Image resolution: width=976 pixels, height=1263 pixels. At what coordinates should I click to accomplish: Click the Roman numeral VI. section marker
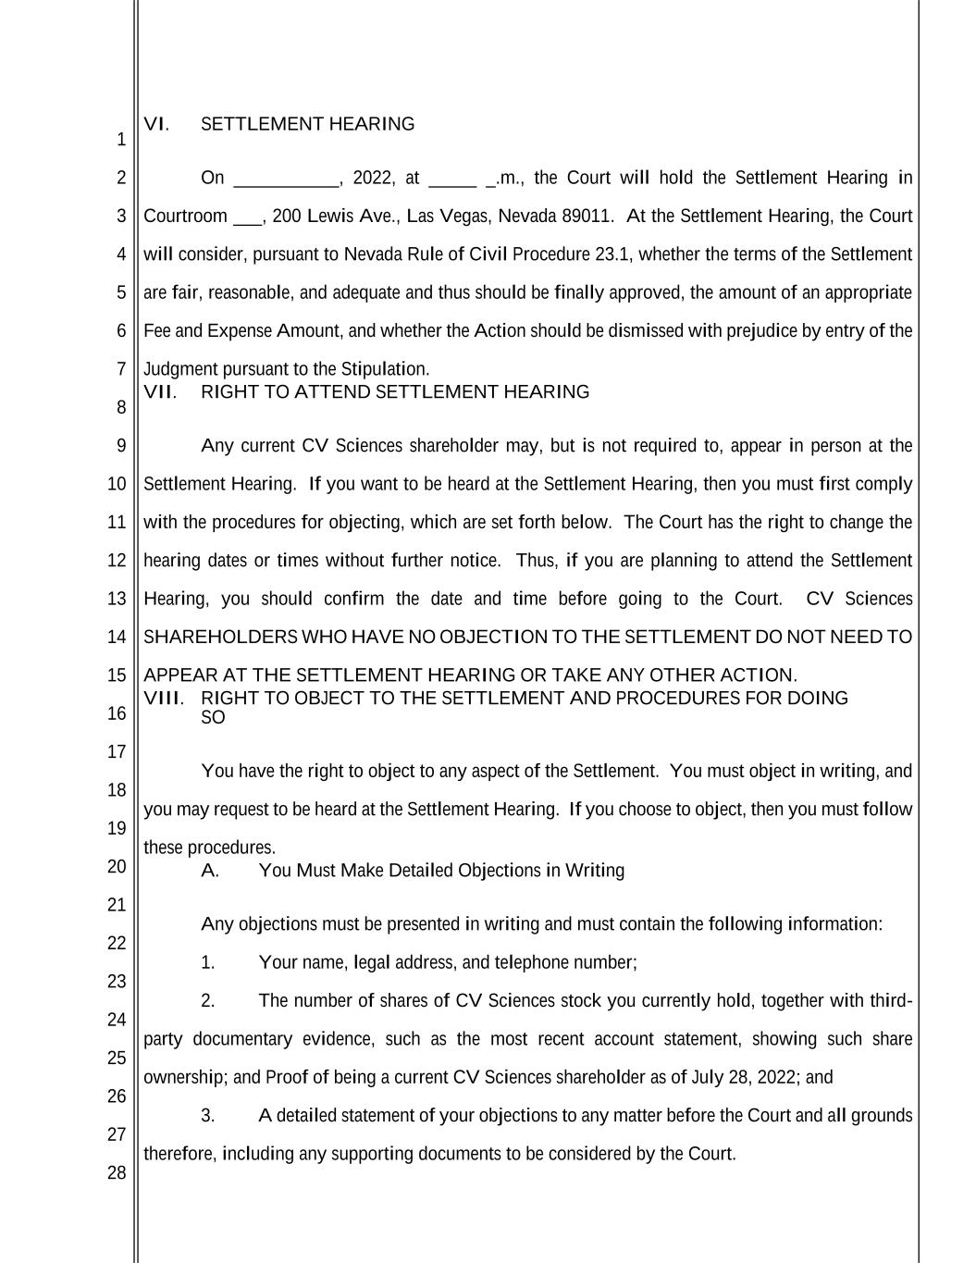(156, 124)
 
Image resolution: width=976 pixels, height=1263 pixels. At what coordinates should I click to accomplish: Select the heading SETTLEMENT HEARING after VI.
(307, 124)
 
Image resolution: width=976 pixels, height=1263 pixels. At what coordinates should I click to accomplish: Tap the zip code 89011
(587, 217)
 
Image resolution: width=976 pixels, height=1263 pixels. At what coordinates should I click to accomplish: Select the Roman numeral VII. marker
(159, 392)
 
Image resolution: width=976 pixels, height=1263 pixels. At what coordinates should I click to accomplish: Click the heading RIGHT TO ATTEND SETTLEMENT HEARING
(394, 392)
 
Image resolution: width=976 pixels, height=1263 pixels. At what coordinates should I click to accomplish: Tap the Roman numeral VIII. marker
(164, 698)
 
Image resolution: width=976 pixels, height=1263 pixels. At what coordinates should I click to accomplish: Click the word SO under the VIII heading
(213, 718)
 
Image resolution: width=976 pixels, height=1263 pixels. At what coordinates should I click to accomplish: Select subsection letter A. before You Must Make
(210, 871)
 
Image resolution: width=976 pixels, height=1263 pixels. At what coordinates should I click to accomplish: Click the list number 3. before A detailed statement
(208, 1116)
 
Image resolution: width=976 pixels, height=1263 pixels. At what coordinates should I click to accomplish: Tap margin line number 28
(116, 1173)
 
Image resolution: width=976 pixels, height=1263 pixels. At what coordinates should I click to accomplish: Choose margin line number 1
(120, 141)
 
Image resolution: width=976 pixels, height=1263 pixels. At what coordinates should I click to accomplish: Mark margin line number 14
(116, 637)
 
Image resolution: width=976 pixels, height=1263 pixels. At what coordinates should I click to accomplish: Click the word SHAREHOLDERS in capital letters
(220, 638)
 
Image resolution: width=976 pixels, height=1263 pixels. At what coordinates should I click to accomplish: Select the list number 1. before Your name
(208, 963)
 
